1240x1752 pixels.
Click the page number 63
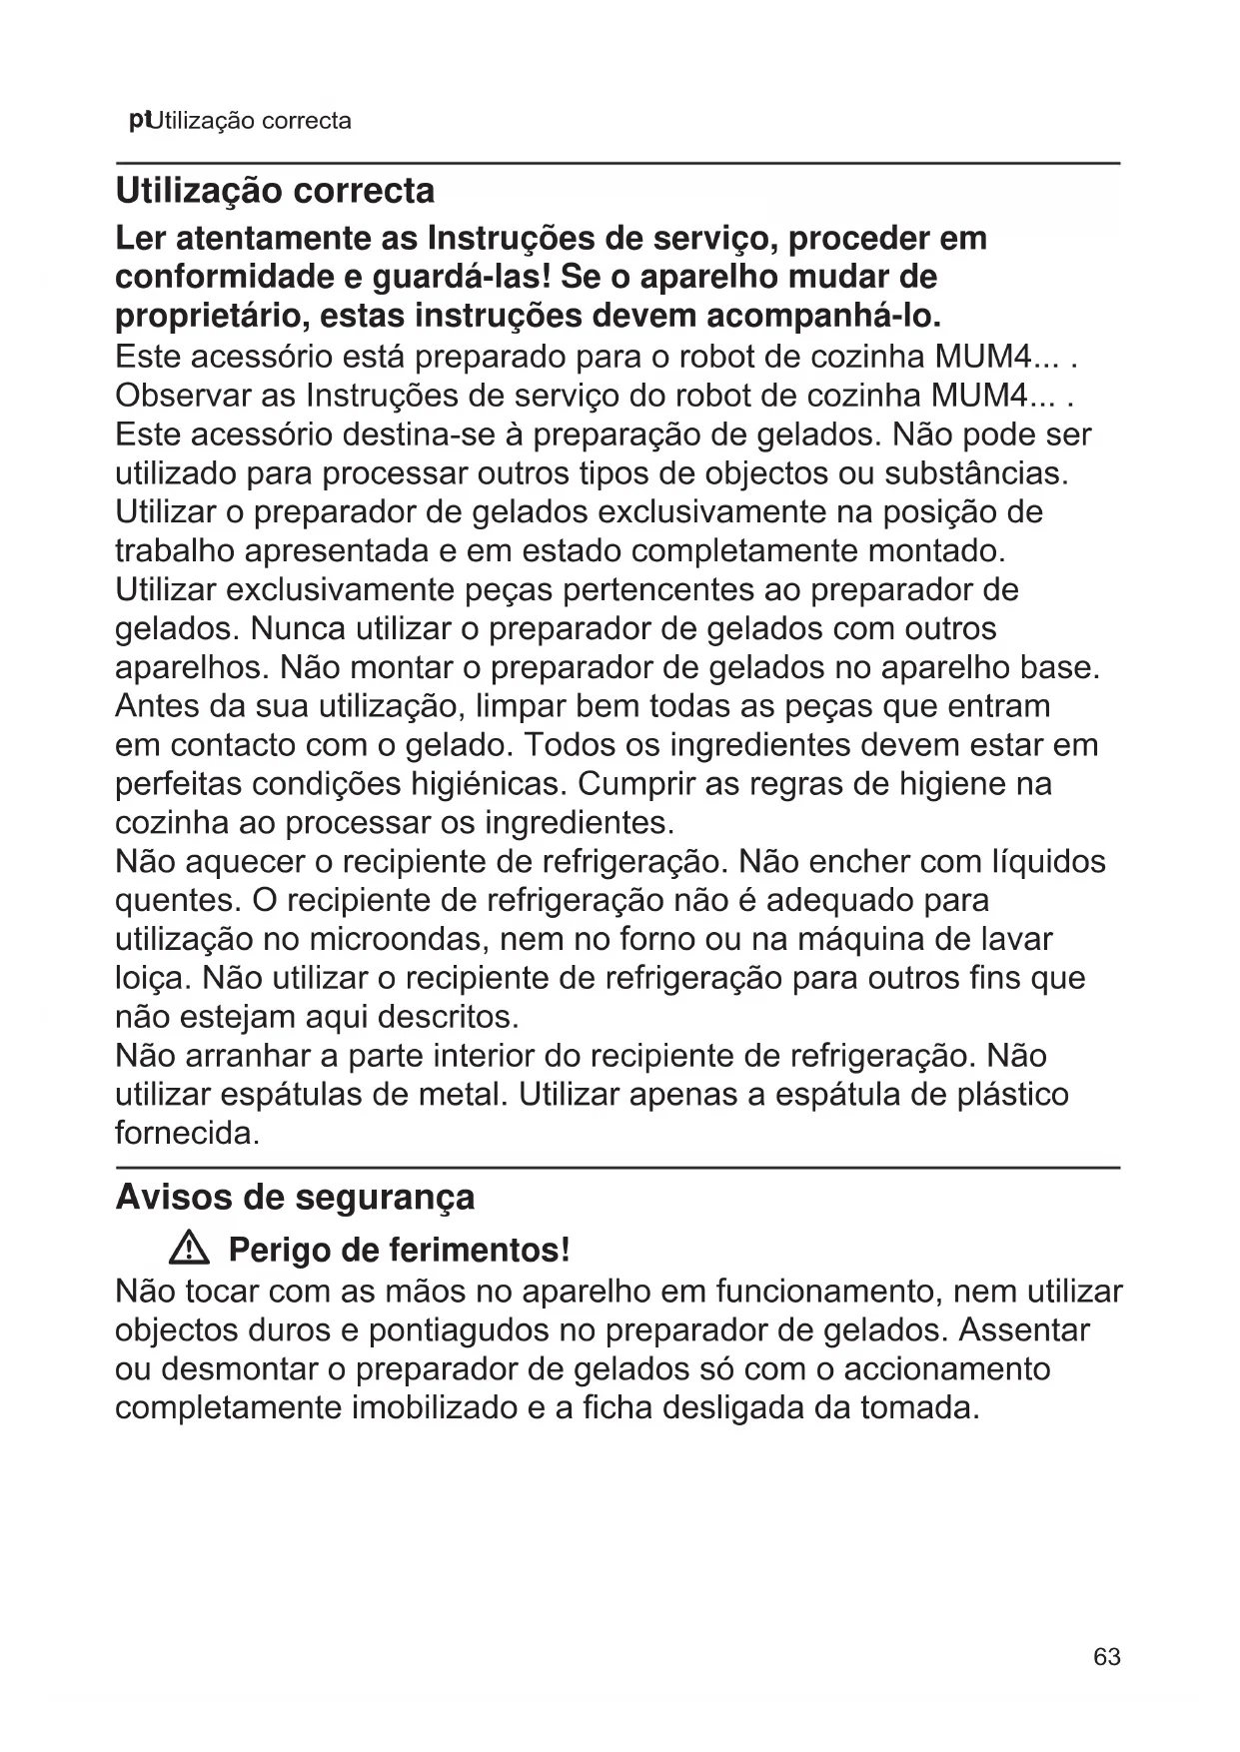1106,1657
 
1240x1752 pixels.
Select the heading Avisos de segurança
295,1197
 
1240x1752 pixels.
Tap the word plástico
1011,1095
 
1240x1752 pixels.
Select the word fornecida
187,1134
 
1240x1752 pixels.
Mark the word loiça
150,978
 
